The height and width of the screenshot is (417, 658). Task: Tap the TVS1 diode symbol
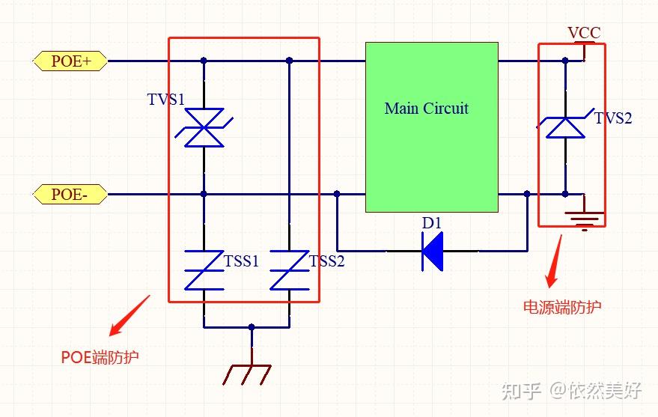204,127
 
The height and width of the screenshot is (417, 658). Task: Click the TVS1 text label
165,100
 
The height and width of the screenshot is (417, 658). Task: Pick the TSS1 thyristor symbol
204,270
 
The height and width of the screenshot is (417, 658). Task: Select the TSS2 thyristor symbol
289,270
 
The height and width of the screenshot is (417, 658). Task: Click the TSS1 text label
241,261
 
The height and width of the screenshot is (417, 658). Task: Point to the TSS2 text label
326,261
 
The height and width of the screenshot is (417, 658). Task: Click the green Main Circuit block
431,127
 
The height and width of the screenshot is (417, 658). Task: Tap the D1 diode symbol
432,250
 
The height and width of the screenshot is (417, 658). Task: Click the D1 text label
432,223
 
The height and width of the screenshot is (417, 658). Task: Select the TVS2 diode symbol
565,125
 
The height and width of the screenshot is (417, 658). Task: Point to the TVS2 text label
613,118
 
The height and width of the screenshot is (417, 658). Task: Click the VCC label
583,33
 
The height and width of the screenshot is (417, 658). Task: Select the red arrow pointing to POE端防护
129,315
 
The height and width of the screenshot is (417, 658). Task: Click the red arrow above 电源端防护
554,263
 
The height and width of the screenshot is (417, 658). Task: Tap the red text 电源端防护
561,307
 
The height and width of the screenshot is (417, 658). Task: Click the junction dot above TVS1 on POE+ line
204,61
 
